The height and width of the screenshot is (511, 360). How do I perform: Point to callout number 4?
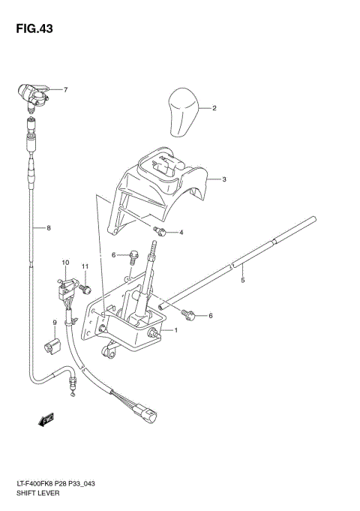coord(181,233)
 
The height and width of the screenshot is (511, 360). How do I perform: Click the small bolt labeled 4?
coord(159,229)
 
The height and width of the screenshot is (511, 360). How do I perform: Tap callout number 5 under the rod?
coord(242,281)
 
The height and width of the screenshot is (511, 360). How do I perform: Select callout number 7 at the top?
coord(65,91)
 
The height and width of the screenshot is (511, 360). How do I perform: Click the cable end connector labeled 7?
coord(34,95)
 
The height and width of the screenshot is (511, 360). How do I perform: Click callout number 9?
coord(55,323)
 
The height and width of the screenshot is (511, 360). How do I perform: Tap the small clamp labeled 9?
coord(52,346)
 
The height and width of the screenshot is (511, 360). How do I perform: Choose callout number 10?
coord(65,263)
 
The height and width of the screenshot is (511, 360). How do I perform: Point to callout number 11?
coord(85,266)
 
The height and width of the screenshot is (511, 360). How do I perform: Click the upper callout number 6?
coord(115,255)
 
